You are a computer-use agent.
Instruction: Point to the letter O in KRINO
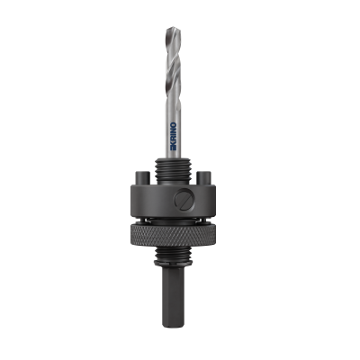173,125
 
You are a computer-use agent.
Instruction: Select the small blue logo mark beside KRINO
173,148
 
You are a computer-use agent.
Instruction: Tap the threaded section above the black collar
173,171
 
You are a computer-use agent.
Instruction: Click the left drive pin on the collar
142,177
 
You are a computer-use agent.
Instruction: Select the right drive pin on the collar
203,177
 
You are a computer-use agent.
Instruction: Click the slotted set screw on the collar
184,200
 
